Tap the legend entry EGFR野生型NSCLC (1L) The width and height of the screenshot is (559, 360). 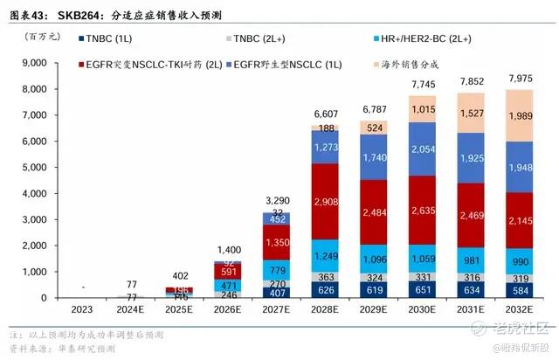click(287, 64)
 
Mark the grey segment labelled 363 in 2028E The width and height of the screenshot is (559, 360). click(325, 277)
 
